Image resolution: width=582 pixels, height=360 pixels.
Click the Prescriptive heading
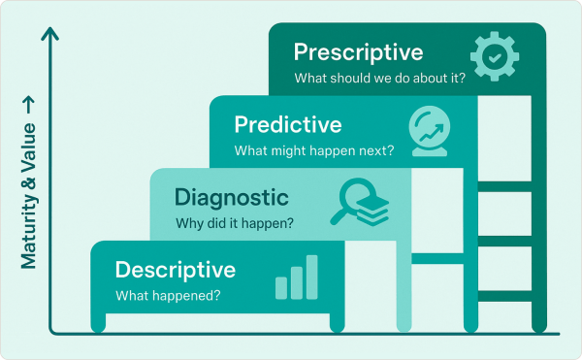358,51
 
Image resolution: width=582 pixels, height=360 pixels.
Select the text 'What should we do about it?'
379,79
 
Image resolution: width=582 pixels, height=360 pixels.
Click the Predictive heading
288,125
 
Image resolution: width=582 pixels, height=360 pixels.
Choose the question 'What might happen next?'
313,151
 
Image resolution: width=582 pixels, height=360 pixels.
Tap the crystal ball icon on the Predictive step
432,130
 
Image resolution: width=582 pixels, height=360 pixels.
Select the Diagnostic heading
231,198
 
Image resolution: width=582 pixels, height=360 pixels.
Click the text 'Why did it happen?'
234,224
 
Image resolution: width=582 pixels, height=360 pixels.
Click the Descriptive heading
175,269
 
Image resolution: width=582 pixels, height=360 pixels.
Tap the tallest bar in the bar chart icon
311,277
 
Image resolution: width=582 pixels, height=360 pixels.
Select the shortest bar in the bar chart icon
280,288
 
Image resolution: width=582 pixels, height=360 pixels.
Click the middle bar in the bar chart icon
296,282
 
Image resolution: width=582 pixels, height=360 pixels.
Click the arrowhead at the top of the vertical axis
51,35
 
